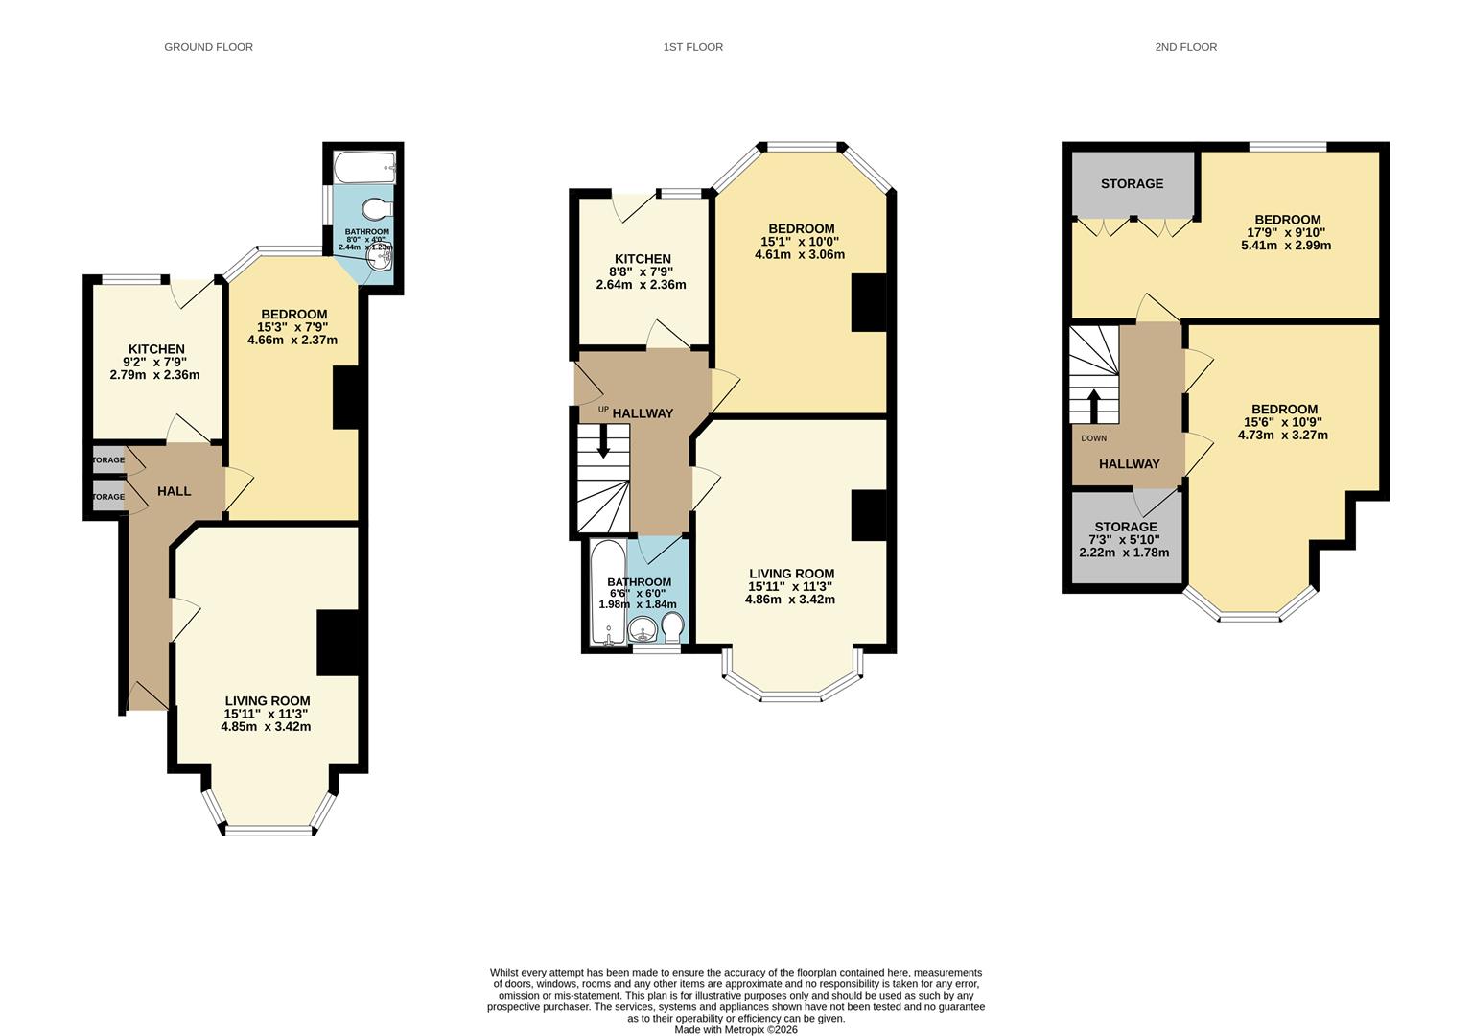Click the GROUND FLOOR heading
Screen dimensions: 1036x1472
pos(208,47)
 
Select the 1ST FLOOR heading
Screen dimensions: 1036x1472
pos(692,47)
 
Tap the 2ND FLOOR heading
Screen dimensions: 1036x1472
pos(1185,47)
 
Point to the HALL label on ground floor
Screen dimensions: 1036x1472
pos(174,491)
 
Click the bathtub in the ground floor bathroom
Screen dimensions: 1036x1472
pos(364,167)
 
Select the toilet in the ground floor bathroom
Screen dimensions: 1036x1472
pos(379,209)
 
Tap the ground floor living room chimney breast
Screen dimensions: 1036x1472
pos(338,643)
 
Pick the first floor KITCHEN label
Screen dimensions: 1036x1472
pos(643,259)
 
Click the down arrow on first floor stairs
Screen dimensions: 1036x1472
pos(603,442)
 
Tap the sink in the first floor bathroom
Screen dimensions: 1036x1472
pos(643,629)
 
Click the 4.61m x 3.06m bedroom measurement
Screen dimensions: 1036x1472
pos(800,254)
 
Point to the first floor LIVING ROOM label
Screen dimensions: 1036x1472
pos(791,574)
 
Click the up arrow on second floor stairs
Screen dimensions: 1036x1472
pos(1092,404)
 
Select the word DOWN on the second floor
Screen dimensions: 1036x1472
pos(1093,438)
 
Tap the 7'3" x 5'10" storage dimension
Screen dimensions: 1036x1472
pos(1124,540)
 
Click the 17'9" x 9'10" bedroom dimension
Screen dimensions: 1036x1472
pos(1285,232)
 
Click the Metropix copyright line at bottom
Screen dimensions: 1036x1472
pos(736,1029)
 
